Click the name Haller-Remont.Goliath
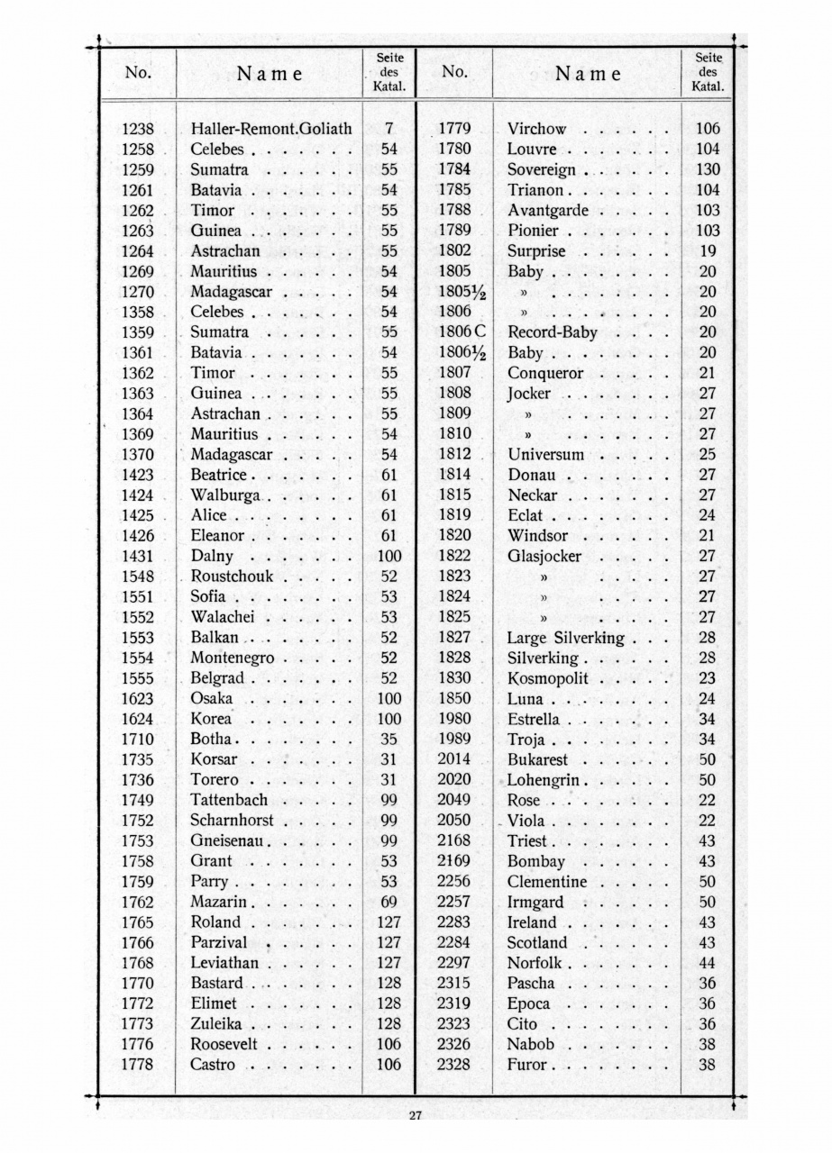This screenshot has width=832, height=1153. click(270, 129)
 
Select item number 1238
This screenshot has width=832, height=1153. click(137, 129)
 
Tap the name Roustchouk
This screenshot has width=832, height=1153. click(232, 576)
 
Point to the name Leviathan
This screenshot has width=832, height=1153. click(224, 963)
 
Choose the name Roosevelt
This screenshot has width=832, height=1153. click(224, 1045)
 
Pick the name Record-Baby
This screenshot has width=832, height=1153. click(553, 332)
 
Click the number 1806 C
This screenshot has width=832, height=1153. click(462, 332)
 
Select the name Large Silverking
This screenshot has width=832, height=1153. click(565, 638)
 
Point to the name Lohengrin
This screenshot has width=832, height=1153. click(548, 780)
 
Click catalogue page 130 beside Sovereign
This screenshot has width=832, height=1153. click(708, 169)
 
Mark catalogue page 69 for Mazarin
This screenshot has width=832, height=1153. click(389, 902)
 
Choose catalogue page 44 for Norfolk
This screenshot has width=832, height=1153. click(708, 963)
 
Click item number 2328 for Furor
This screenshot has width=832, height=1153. click(454, 1065)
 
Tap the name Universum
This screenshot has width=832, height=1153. click(545, 454)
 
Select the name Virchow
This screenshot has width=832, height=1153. click(536, 129)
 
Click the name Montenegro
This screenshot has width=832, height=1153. click(233, 658)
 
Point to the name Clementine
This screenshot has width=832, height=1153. click(546, 882)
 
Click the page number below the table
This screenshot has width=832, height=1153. click(415, 1117)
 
